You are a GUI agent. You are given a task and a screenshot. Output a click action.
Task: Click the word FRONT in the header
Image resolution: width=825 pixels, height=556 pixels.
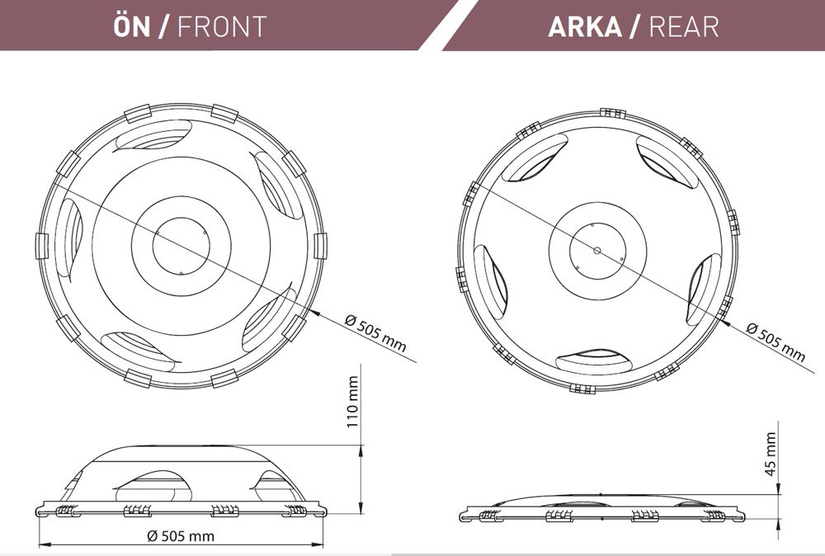[222, 26]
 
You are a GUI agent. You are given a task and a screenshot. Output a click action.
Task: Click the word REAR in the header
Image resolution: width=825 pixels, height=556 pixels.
[684, 26]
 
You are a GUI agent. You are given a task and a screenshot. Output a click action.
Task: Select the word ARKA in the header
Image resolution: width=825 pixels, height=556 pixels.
[585, 26]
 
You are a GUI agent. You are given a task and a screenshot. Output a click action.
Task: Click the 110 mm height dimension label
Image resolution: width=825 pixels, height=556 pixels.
[352, 402]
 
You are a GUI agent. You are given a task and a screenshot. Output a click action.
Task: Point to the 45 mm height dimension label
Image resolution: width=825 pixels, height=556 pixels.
[771, 454]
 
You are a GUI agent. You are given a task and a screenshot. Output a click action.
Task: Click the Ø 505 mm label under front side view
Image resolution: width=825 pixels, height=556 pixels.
[181, 536]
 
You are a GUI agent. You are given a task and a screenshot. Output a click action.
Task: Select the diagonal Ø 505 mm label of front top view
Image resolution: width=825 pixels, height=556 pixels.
[375, 333]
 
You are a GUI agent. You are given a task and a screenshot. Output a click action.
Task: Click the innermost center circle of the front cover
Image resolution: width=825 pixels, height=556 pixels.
[181, 246]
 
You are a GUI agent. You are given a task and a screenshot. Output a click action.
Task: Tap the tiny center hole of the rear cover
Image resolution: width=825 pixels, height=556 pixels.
[596, 251]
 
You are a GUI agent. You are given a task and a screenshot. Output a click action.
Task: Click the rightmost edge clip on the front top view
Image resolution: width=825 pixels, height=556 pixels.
[320, 246]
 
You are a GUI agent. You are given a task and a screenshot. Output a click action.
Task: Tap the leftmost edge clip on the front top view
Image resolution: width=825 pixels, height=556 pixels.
[42, 246]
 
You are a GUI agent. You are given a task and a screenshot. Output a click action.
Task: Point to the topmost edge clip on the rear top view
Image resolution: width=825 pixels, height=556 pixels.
[613, 112]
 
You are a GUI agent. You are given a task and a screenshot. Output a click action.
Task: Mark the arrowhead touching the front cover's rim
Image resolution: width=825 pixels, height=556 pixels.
[313, 313]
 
